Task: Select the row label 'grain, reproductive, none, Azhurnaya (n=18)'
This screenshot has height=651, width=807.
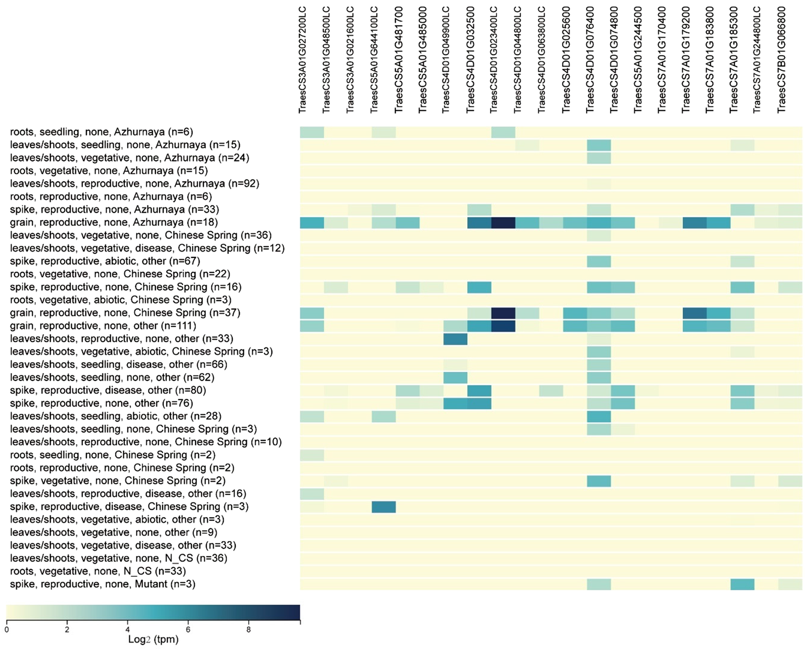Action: pos(114,222)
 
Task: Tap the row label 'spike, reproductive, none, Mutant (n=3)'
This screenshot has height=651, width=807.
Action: pos(102,584)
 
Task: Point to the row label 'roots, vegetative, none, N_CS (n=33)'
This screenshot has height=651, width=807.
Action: pos(98,571)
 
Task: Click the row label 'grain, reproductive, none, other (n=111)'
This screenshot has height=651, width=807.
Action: pos(103,326)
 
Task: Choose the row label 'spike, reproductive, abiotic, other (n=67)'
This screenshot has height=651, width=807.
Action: pos(105,261)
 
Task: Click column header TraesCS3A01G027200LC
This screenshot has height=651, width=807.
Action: pos(303,60)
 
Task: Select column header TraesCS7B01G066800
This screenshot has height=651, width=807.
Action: pos(781,60)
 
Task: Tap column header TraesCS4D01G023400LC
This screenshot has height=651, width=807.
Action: pos(494,60)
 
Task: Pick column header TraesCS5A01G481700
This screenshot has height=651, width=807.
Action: pos(398,60)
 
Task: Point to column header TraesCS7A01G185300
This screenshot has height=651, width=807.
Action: pos(734,60)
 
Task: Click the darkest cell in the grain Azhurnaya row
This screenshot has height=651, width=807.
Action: pos(503,222)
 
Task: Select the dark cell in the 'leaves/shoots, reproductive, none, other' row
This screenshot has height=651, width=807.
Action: pos(455,339)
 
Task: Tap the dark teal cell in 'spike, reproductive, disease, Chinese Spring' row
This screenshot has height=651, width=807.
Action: pos(383,507)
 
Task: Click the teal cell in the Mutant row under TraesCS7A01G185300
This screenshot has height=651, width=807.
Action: pos(743,584)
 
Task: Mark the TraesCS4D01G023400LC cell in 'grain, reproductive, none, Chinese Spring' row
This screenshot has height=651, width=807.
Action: pos(503,313)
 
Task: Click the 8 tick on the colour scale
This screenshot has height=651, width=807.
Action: pos(249,630)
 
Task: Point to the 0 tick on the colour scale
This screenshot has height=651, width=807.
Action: pos(6,630)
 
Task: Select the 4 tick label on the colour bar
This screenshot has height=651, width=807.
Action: pos(127,630)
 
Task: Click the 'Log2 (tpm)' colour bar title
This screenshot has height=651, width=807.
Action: pos(153,639)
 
